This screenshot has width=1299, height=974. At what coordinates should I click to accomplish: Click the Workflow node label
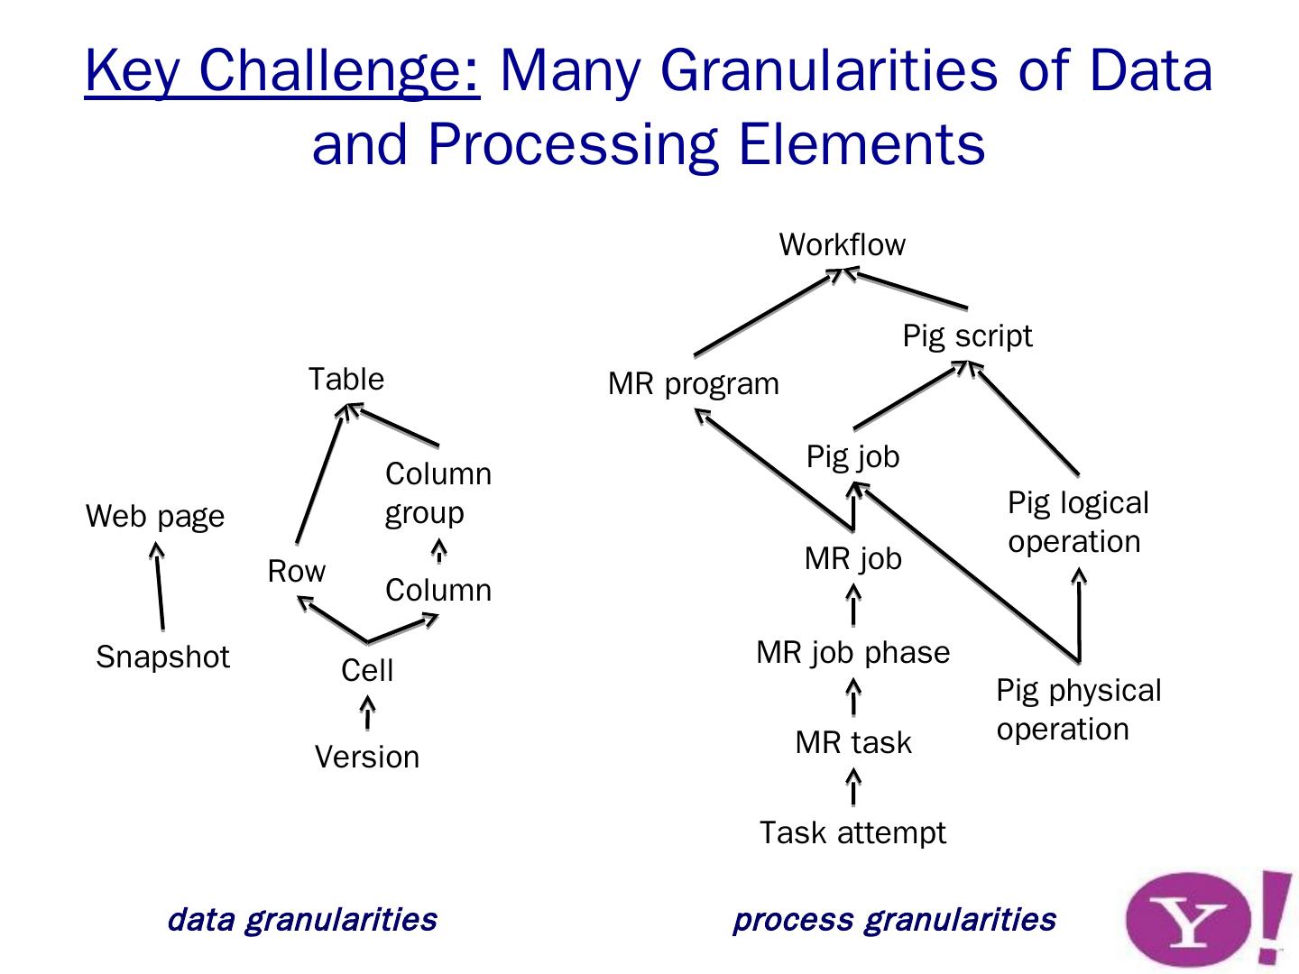pyautogui.click(x=842, y=244)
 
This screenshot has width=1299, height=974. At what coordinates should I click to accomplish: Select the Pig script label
pyautogui.click(x=967, y=336)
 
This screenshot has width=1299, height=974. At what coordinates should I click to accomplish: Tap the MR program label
pyautogui.click(x=693, y=384)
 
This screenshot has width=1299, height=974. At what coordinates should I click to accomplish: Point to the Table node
pyautogui.click(x=345, y=379)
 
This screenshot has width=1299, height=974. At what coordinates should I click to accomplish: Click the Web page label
pyautogui.click(x=155, y=517)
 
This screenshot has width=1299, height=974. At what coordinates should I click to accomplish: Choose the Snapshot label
pyautogui.click(x=162, y=657)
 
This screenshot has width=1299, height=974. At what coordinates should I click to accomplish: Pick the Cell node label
pyautogui.click(x=367, y=670)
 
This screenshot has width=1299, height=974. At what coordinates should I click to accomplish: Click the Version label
pyautogui.click(x=366, y=757)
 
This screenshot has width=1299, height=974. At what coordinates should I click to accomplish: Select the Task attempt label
pyautogui.click(x=852, y=832)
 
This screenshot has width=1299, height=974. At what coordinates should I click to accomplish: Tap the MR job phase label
pyautogui.click(x=852, y=652)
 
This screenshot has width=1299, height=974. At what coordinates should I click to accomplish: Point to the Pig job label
pyautogui.click(x=852, y=456)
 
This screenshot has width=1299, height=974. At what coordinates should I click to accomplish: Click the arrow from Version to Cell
pyautogui.click(x=366, y=712)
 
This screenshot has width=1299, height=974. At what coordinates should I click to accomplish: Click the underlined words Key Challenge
pyautogui.click(x=282, y=69)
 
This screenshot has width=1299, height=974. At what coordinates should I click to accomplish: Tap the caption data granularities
pyautogui.click(x=302, y=920)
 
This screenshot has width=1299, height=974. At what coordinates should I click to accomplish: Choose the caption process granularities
pyautogui.click(x=893, y=920)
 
